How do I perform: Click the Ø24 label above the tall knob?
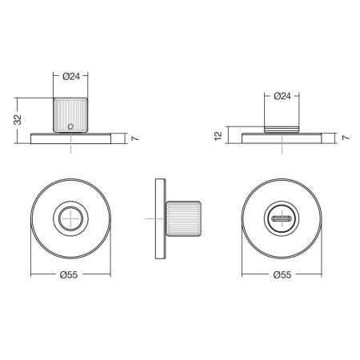[71, 77]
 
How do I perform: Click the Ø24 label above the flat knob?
[282, 96]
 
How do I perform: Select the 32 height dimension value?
[18, 120]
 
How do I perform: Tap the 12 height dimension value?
[218, 136]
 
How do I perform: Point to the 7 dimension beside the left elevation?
[135, 138]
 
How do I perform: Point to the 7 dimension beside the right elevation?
[346, 138]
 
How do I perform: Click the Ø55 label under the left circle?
[69, 274]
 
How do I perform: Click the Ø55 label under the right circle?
[282, 274]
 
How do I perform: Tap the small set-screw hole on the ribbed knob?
[70, 126]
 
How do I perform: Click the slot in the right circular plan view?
[282, 218]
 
